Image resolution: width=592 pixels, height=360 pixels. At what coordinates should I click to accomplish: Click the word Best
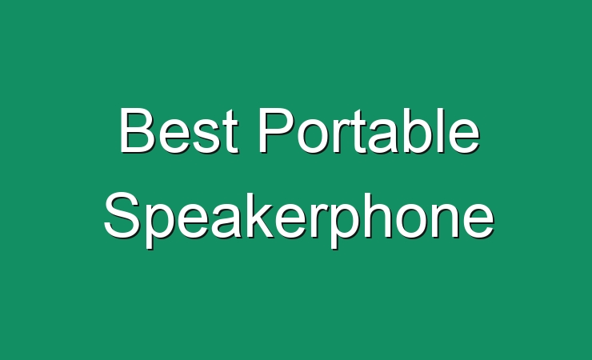click(179, 130)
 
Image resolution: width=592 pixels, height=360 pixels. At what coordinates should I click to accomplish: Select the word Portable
click(369, 130)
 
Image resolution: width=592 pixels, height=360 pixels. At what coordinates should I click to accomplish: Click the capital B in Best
click(138, 130)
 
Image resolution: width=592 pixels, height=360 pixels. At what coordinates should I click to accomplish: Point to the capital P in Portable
click(277, 130)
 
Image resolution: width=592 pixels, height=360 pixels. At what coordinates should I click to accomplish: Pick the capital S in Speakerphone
click(122, 215)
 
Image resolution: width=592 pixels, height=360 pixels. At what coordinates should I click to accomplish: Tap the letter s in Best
click(206, 136)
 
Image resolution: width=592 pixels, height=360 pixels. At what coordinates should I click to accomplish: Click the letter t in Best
click(230, 132)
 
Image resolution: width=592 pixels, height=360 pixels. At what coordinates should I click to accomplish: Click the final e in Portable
click(465, 136)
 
